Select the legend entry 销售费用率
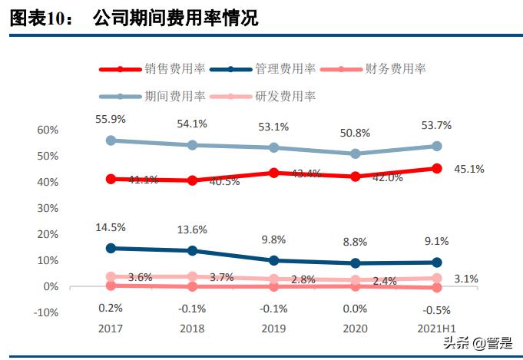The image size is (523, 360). coord(174,69)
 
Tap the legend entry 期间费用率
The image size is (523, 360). coord(174,96)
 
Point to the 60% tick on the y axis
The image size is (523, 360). coord(48,130)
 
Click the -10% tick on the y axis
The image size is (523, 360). coord(47,312)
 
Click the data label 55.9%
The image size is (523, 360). coord(111,119)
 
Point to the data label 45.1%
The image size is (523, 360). coord(468,169)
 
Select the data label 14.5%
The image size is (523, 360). coord(111,227)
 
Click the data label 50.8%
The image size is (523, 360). coord(355,132)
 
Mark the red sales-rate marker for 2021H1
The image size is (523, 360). coord(436,169)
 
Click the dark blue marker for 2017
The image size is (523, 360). coord(111,249)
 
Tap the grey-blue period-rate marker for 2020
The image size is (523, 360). coord(355,154)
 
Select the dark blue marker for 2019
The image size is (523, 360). coord(274,261)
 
